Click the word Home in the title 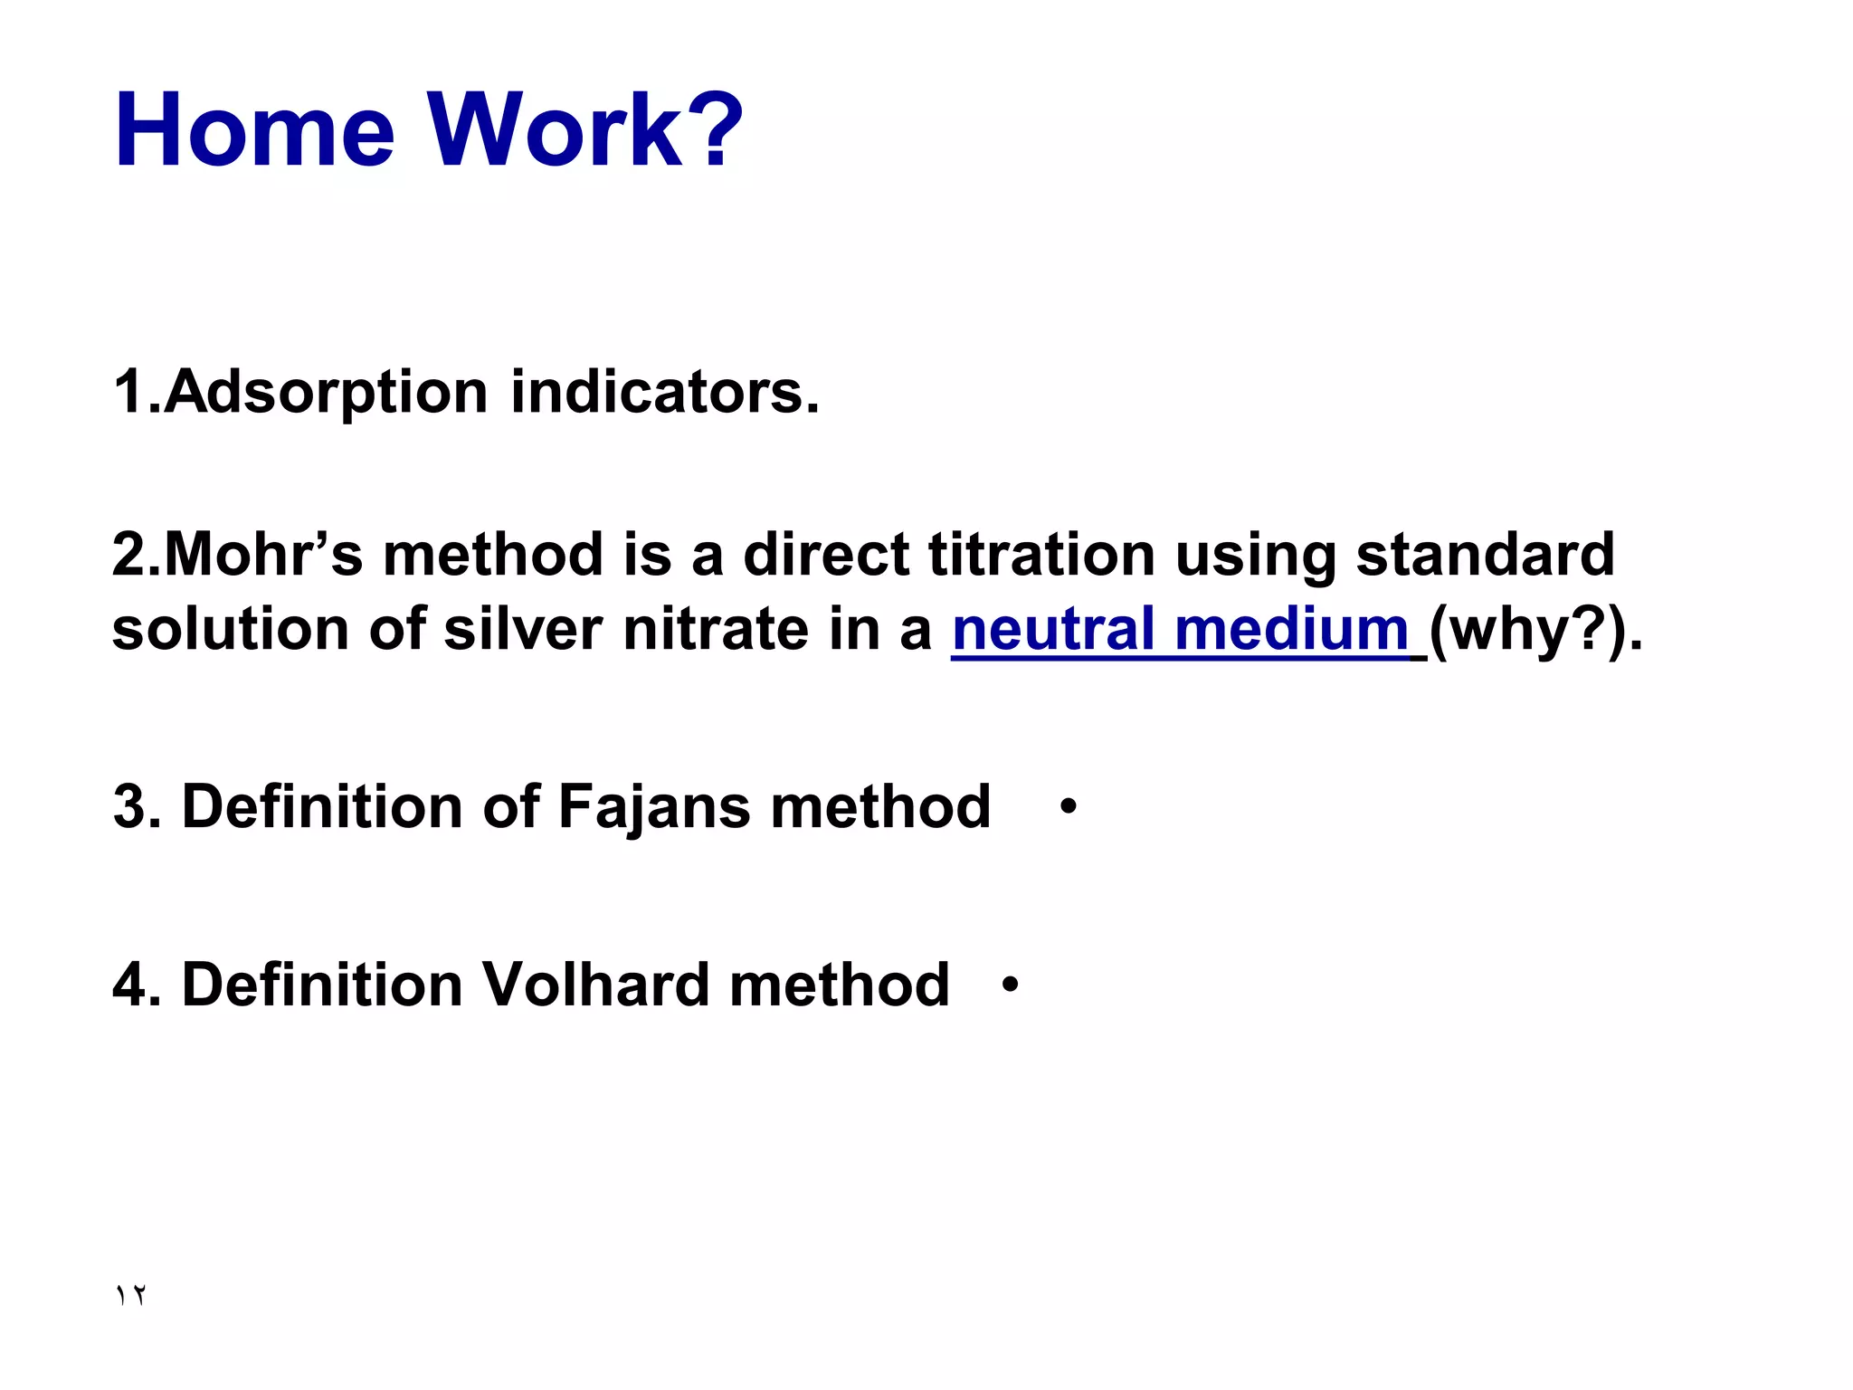point(255,130)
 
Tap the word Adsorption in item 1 point(327,393)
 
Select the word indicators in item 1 point(664,393)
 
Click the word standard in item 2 point(1484,554)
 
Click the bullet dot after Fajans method point(1069,805)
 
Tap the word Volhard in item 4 point(594,985)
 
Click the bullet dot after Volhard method point(1011,984)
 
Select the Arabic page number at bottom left point(130,1295)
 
